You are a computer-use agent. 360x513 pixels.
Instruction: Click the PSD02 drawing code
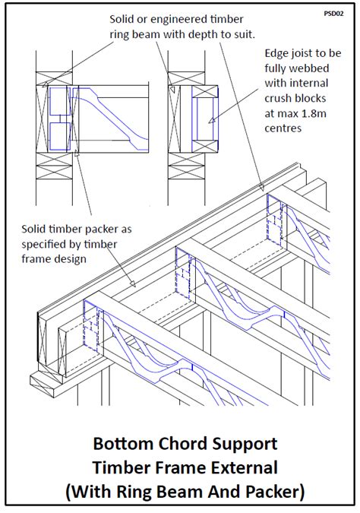click(333, 14)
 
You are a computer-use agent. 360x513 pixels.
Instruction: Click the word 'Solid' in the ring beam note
click(119, 19)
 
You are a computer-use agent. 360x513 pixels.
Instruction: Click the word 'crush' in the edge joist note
click(279, 98)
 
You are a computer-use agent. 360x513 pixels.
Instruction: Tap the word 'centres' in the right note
click(283, 128)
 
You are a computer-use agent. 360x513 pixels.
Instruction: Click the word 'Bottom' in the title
click(123, 444)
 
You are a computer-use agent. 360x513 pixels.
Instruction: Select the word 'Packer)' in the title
click(275, 492)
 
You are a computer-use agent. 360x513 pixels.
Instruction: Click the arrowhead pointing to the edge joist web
click(212, 120)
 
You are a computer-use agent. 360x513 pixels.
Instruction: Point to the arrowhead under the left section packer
click(77, 153)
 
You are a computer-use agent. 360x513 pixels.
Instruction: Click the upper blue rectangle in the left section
click(60, 101)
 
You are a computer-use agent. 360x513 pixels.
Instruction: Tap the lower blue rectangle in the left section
click(60, 137)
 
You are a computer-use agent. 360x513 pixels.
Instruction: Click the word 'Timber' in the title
click(120, 467)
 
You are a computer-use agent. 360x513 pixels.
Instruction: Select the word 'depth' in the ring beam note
click(202, 35)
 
